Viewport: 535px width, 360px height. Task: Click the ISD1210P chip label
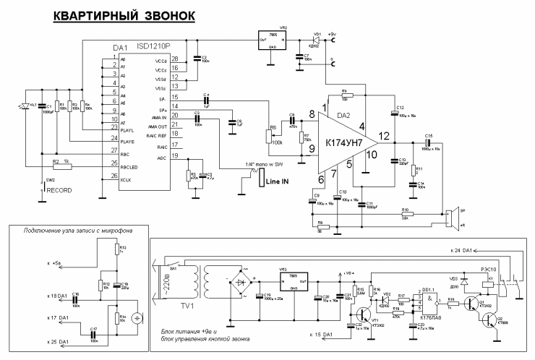(x=154, y=46)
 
